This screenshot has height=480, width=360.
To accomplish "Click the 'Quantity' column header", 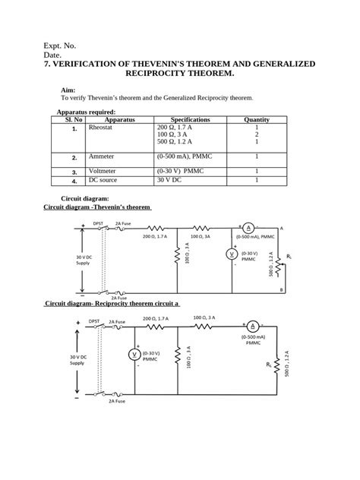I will pyautogui.click(x=257, y=119).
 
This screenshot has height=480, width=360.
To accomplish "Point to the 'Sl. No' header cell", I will pyautogui.click(x=74, y=119).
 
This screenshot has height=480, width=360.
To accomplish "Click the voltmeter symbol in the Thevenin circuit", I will pyautogui.click(x=232, y=254).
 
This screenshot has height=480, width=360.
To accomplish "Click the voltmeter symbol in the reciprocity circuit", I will pyautogui.click(x=134, y=355).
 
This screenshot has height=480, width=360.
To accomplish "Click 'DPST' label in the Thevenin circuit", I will pyautogui.click(x=98, y=223).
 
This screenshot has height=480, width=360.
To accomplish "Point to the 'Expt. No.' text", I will pyautogui.click(x=60, y=46).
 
